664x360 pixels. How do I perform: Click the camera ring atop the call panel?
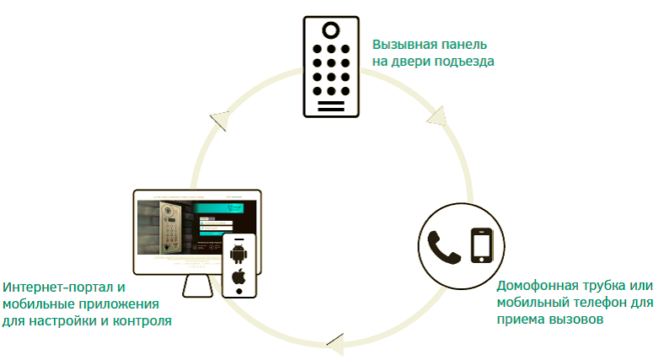[x=331, y=30]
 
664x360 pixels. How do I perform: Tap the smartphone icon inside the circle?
[x=481, y=244]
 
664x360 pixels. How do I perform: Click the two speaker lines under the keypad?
[x=331, y=107]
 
